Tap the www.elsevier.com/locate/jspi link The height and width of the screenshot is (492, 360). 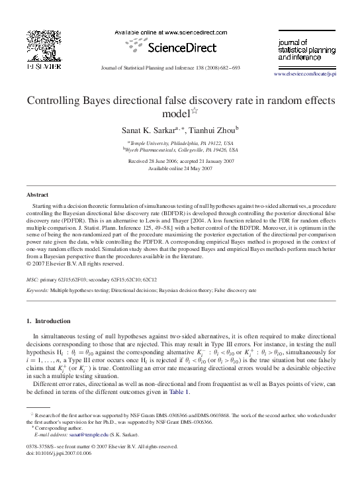pyautogui.click(x=304, y=74)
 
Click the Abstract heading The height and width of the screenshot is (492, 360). pyautogui.click(x=37, y=195)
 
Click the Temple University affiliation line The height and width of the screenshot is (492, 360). pyautogui.click(x=180, y=142)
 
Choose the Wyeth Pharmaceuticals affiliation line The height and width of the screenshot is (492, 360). pyautogui.click(x=180, y=150)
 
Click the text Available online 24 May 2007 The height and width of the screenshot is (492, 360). pyautogui.click(x=180, y=168)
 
